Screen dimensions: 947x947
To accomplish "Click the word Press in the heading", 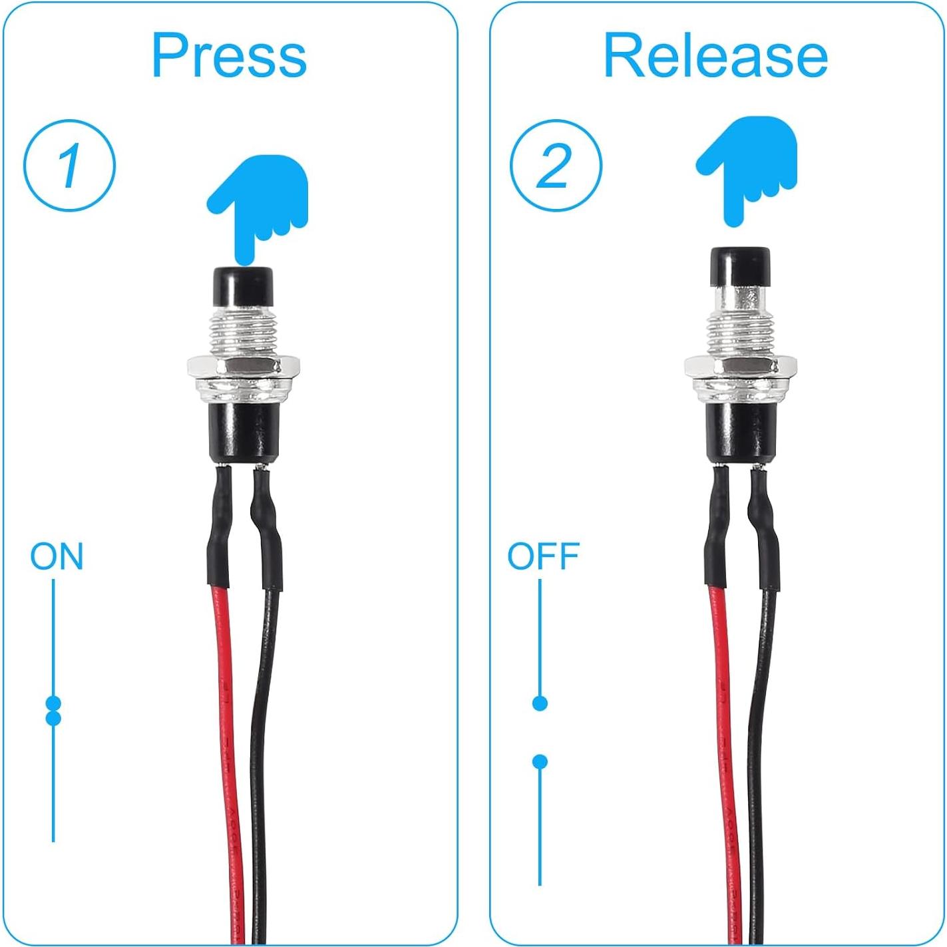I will (229, 56).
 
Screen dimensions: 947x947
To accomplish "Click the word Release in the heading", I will (715, 56).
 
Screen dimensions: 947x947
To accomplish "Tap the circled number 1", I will (70, 165).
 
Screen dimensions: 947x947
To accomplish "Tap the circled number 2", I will (556, 165).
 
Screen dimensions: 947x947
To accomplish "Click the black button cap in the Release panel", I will (740, 266).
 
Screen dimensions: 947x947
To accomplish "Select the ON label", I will (57, 556).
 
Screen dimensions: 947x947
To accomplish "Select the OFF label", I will (543, 556).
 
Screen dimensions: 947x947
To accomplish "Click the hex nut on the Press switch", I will (243, 366).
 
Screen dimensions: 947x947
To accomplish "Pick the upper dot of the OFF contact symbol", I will (540, 703).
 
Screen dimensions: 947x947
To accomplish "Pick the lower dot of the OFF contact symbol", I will (540, 761).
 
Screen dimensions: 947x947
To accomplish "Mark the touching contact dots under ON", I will (53, 710).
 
